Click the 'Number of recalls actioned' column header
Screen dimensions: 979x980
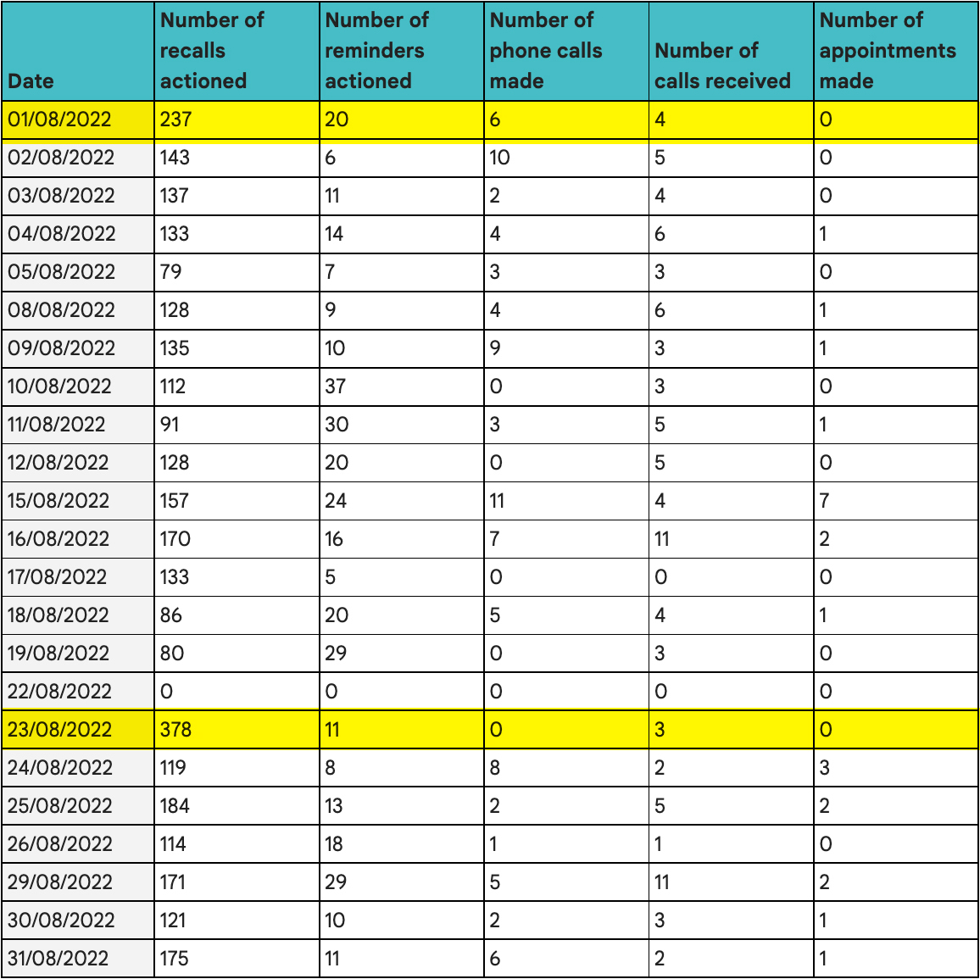(212, 50)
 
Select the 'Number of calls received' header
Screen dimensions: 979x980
(722, 65)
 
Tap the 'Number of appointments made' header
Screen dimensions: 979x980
(887, 50)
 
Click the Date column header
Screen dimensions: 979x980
(31, 81)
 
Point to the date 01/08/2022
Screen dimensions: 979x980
(59, 120)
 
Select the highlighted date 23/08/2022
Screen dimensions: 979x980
(59, 730)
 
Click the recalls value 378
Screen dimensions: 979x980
(175, 730)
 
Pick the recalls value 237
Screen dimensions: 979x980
(175, 120)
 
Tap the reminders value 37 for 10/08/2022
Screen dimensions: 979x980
(336, 387)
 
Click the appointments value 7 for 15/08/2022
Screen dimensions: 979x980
(824, 501)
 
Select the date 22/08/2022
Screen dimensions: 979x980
(59, 692)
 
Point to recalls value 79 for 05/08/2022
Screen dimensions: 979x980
(170, 272)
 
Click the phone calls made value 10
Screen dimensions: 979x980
(499, 158)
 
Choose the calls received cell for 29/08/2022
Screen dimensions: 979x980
(662, 882)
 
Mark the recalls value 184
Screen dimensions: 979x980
(175, 806)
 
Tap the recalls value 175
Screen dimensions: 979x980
(174, 959)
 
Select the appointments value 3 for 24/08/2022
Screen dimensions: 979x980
(824, 768)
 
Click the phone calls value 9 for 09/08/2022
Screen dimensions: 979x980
(495, 348)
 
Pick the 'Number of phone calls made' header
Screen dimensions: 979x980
(545, 50)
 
